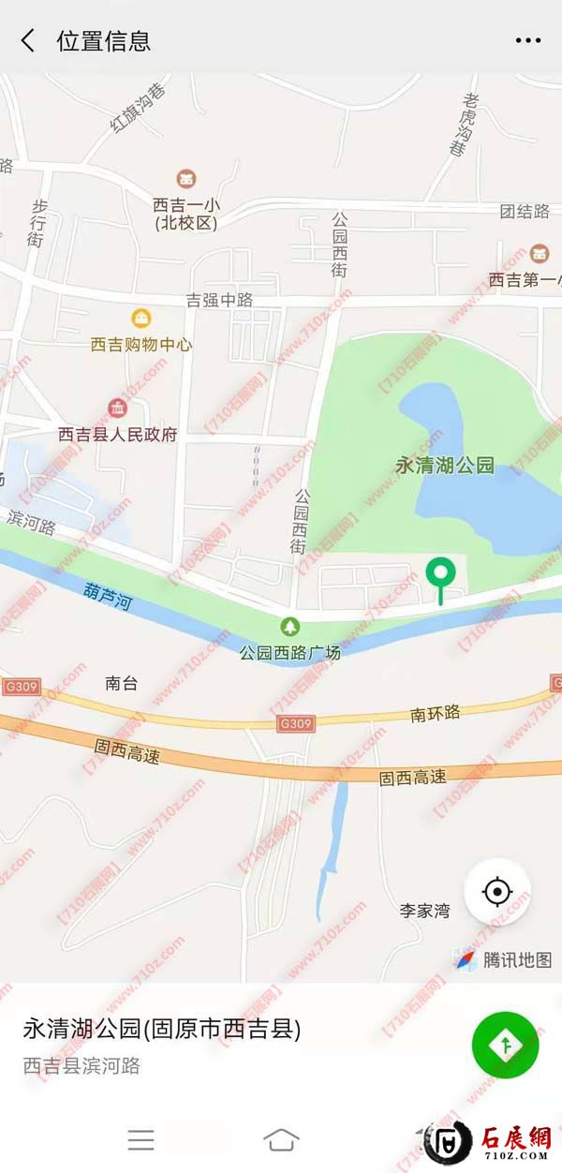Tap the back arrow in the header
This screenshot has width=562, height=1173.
point(28,40)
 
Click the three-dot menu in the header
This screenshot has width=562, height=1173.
point(528,41)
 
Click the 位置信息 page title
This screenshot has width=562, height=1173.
point(103,41)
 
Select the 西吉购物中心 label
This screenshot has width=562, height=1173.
point(141,344)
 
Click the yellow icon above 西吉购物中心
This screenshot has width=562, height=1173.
point(140,319)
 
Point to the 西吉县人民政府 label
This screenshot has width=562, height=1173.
point(117,435)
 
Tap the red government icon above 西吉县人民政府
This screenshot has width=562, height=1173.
point(118,408)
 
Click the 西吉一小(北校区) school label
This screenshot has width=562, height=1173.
point(186,214)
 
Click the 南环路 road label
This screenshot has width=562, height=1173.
point(436,713)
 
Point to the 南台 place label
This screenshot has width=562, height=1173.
point(122,683)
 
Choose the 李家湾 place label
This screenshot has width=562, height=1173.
point(425,910)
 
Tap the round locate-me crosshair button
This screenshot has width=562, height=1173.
point(497,892)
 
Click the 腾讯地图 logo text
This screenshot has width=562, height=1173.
point(517,959)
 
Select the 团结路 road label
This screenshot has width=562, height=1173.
point(525,211)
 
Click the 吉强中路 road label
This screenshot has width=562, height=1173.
point(220,300)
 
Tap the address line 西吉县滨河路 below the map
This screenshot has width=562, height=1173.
point(81,1065)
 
